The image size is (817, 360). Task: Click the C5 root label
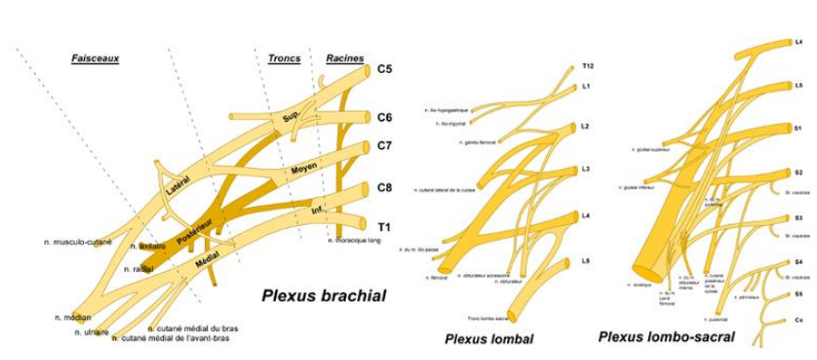[x=385, y=69]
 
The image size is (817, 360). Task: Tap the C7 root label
[x=385, y=146]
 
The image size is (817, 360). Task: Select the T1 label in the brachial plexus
[x=385, y=227]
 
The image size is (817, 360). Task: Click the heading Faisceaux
[x=94, y=59]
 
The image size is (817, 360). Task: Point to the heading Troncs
[x=283, y=59]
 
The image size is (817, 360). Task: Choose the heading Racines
[x=345, y=59]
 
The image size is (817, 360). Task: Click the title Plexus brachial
[x=324, y=297]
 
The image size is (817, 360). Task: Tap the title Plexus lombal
[x=490, y=338]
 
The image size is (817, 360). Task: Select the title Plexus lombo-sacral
[x=667, y=336]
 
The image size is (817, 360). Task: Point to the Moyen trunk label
[x=303, y=168]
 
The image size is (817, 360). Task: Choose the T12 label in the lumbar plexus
[x=587, y=67]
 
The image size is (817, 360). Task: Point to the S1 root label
[x=798, y=127]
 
